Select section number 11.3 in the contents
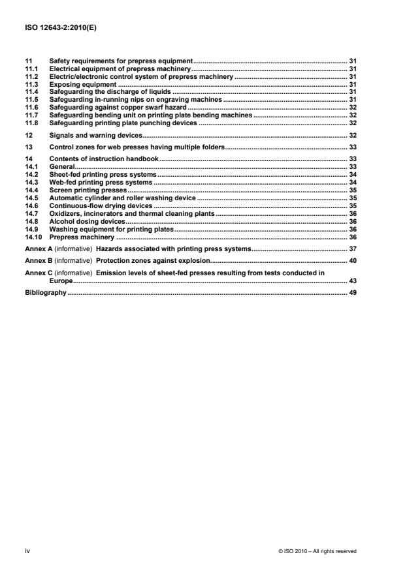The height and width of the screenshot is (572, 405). click(x=30, y=84)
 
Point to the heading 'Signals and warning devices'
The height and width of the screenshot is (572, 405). click(x=95, y=135)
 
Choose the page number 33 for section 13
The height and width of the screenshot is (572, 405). click(x=352, y=147)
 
